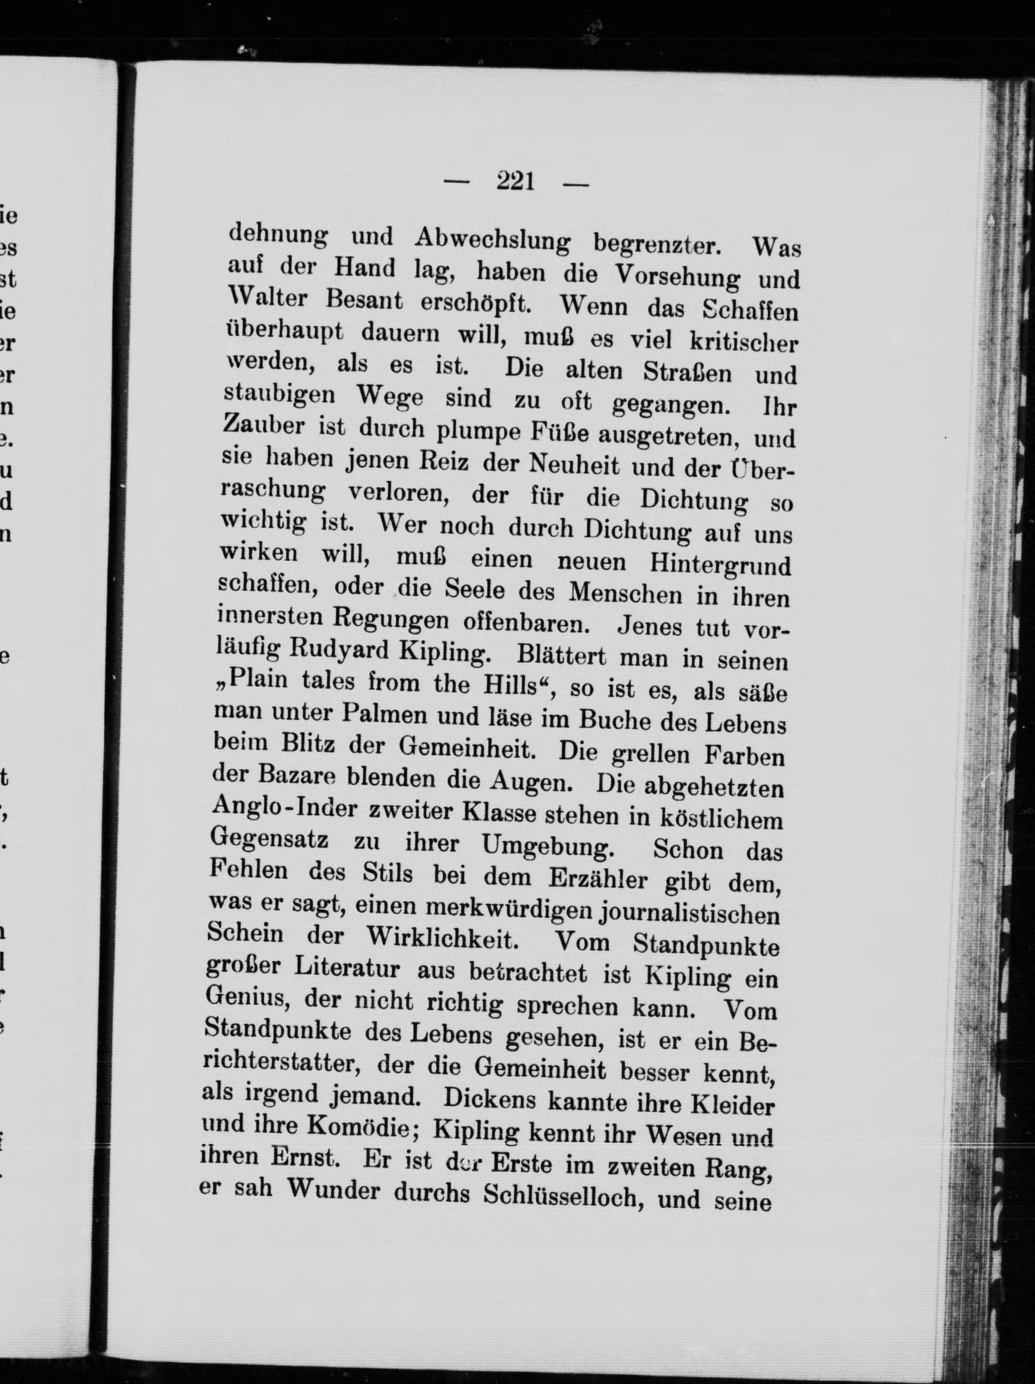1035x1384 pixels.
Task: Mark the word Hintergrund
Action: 720,564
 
